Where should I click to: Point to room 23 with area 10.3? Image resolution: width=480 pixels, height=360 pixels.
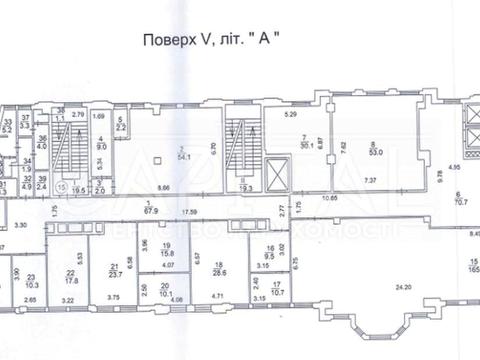coord(32,283)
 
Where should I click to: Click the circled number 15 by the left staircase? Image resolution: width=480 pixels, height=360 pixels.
coord(62,186)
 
